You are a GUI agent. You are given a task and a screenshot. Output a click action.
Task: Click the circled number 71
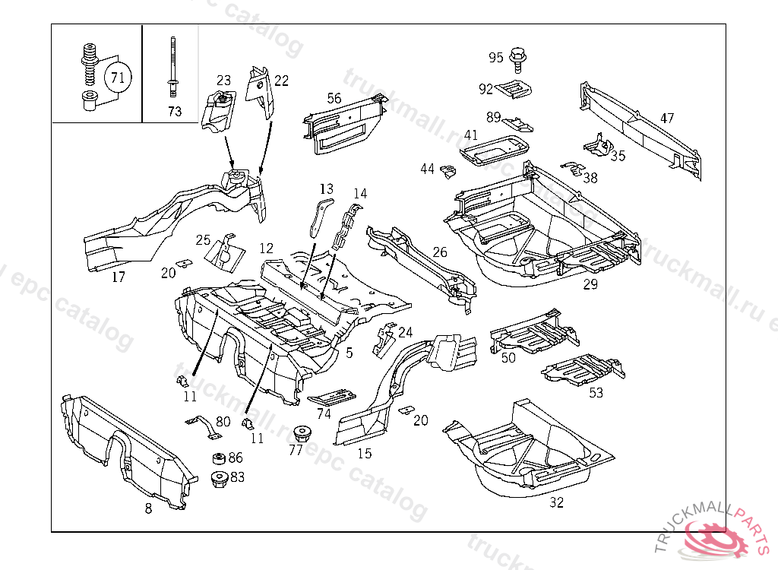coord(116,77)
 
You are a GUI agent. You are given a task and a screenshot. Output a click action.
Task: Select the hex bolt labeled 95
coord(519,56)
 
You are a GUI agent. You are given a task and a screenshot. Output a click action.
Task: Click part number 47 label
coord(666,119)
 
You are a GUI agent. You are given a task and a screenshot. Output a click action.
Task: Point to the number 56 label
coord(334,98)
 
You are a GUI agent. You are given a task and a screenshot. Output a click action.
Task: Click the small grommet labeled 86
coord(218,459)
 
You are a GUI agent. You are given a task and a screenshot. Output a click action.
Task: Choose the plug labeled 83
coord(219,480)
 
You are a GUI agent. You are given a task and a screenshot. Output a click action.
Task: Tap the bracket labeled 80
coord(203,426)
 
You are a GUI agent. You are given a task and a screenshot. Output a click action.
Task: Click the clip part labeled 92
coord(515,89)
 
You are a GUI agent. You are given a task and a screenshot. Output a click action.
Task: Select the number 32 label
coord(557,502)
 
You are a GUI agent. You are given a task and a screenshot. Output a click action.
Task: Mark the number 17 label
coord(119,277)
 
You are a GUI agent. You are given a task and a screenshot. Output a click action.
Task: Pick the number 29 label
coord(590,285)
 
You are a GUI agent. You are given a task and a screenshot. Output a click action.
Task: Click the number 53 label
coord(596,393)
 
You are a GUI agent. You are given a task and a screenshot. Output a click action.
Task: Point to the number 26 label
coord(440,252)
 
